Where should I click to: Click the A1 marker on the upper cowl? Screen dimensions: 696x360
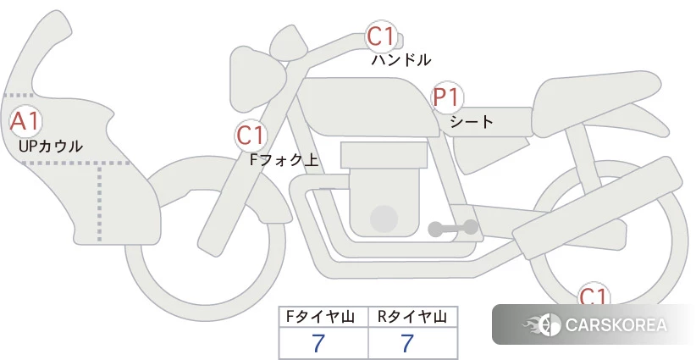click(25, 122)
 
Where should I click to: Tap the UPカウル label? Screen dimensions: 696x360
click(51, 146)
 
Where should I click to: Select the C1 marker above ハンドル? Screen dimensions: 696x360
click(382, 36)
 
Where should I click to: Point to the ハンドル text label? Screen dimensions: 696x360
click(400, 60)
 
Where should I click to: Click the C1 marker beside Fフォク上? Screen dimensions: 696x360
click(251, 136)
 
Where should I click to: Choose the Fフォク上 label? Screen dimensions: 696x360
click(284, 159)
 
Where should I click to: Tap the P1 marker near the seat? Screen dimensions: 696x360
click(447, 97)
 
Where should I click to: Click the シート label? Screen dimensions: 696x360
click(472, 122)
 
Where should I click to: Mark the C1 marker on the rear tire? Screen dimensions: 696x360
click(594, 296)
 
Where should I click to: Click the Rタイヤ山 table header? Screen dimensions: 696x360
click(412, 317)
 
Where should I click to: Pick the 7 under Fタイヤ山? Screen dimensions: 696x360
click(318, 343)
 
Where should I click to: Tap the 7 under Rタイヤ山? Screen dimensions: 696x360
click(407, 343)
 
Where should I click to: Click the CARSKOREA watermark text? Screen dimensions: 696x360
click(616, 324)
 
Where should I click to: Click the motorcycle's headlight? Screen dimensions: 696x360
click(254, 80)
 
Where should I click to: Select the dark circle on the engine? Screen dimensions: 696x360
click(384, 219)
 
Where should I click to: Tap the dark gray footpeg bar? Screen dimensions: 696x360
click(453, 228)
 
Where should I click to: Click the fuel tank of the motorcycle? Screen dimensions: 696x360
click(367, 107)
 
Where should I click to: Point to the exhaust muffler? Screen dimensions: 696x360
click(598, 208)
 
